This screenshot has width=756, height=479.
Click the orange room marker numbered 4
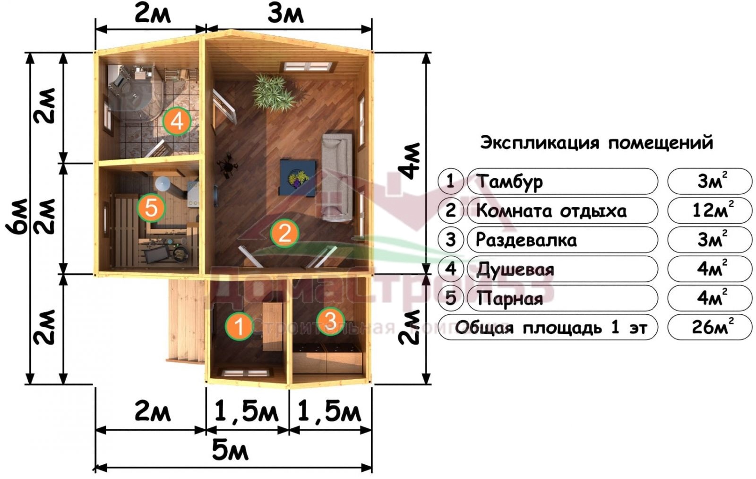(177, 121)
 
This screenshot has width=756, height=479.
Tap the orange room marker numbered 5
(151, 208)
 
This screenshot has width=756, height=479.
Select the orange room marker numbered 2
(284, 233)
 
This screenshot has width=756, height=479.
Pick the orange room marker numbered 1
(239, 326)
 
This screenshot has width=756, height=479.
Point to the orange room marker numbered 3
(330, 321)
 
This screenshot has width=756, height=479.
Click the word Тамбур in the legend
(509, 182)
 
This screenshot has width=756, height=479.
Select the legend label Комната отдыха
(551, 211)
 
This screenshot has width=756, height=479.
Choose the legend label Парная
(509, 298)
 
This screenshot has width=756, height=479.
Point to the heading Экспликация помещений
(597, 143)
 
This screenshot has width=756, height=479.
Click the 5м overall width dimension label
(230, 451)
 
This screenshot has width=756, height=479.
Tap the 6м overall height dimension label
(17, 216)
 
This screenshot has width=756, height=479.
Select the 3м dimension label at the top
(285, 15)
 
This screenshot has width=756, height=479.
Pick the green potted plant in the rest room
(274, 93)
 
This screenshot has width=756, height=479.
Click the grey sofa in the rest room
(337, 177)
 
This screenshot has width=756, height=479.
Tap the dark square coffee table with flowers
(298, 178)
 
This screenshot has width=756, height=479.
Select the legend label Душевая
(515, 270)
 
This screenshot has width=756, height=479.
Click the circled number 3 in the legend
(451, 240)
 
